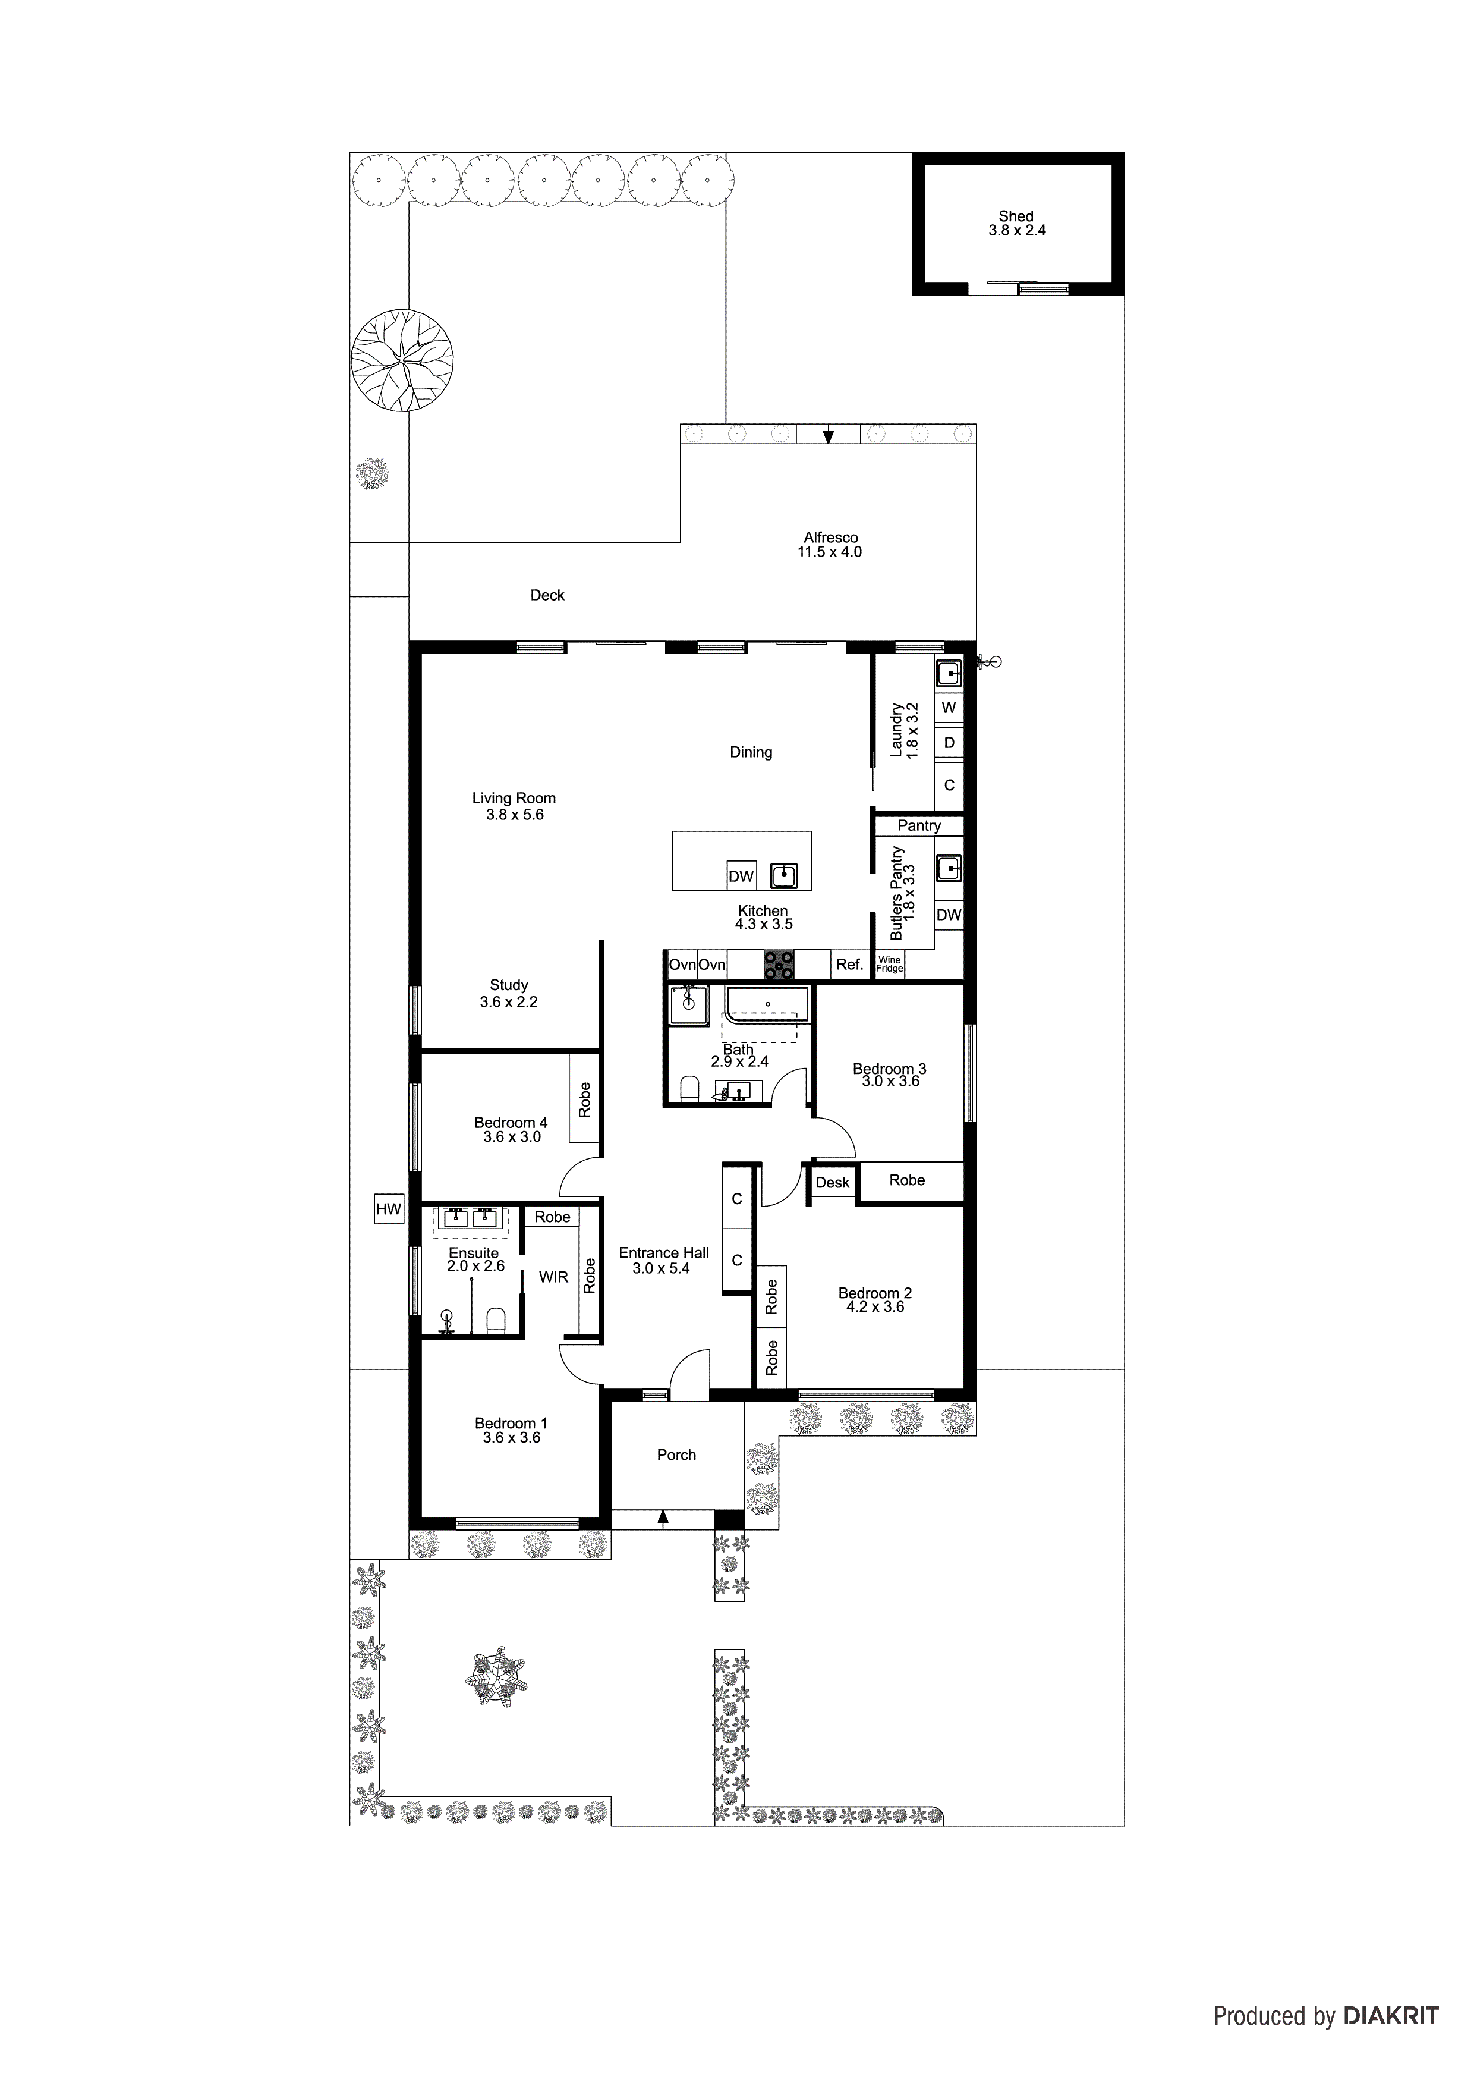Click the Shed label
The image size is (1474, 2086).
1015,216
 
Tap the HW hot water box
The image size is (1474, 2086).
389,1209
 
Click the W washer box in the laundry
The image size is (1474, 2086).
949,707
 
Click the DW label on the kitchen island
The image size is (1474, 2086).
741,877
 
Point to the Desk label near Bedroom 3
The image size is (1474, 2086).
832,1183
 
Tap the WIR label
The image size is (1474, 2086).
553,1277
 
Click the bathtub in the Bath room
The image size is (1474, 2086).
767,1004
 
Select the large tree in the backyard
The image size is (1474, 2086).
402,361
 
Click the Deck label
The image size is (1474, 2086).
547,595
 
